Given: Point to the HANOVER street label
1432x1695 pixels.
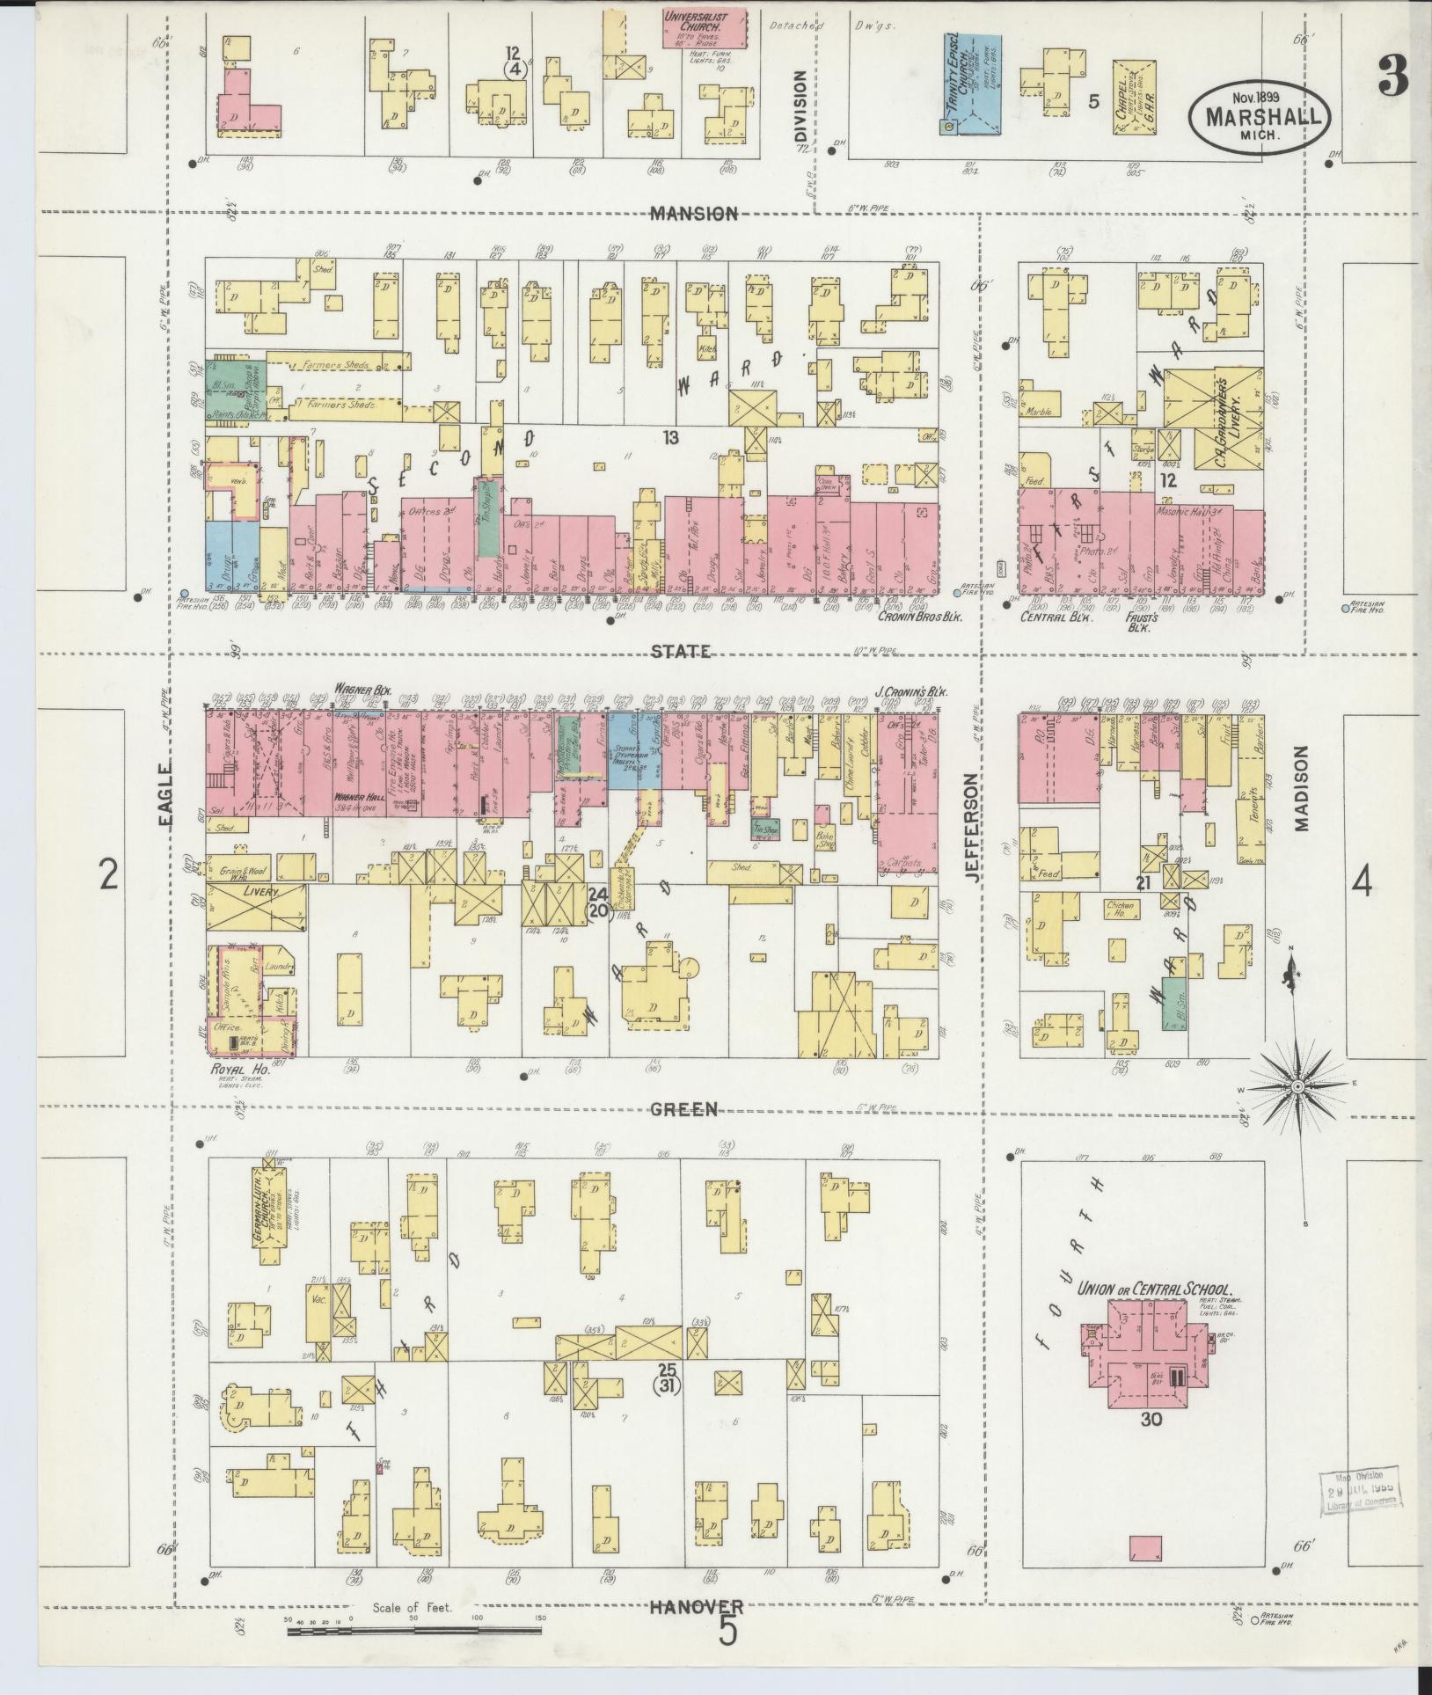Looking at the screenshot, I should [697, 1606].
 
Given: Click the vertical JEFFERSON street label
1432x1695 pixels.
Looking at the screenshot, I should [971, 822].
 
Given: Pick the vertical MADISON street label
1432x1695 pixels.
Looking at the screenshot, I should [1303, 787].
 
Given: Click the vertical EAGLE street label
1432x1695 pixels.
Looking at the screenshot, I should [167, 793].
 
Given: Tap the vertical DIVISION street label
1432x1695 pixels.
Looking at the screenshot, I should [800, 106].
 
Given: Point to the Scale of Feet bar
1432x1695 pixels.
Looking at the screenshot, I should [413, 1632].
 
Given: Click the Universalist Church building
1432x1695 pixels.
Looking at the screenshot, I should [705, 28].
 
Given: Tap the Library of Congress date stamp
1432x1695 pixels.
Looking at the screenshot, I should [1359, 1491].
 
